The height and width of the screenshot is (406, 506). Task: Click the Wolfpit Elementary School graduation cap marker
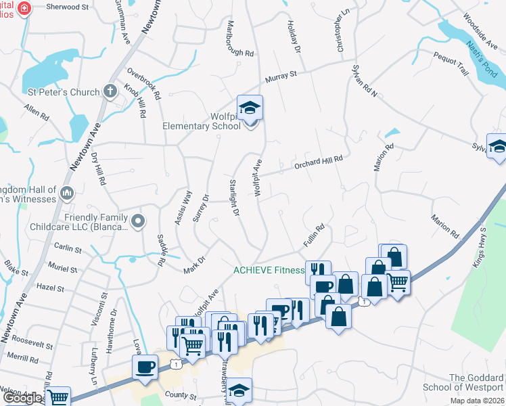click(250, 108)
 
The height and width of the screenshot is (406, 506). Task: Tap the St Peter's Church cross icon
click(110, 92)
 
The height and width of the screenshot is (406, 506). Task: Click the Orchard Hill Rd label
click(318, 162)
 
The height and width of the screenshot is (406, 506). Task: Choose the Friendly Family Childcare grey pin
click(139, 221)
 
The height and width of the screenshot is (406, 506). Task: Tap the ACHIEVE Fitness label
click(269, 270)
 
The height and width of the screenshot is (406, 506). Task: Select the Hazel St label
click(50, 288)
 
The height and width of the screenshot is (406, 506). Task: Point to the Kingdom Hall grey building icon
click(66, 194)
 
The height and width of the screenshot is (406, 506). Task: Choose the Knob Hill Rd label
click(134, 101)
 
